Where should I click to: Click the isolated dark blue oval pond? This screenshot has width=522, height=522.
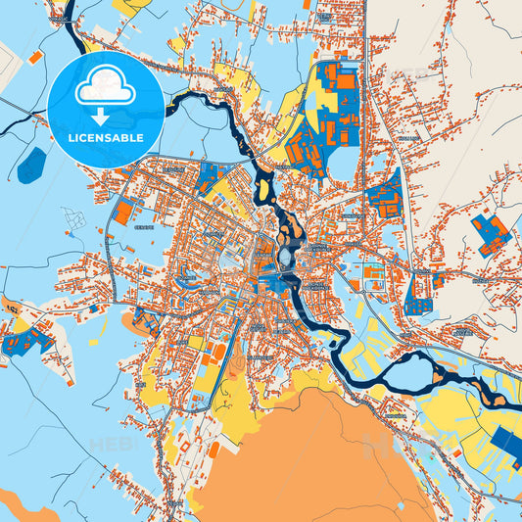[31, 164]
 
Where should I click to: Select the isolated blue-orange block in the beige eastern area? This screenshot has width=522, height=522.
[489, 232]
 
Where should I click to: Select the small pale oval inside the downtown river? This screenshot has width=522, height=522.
[285, 258]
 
